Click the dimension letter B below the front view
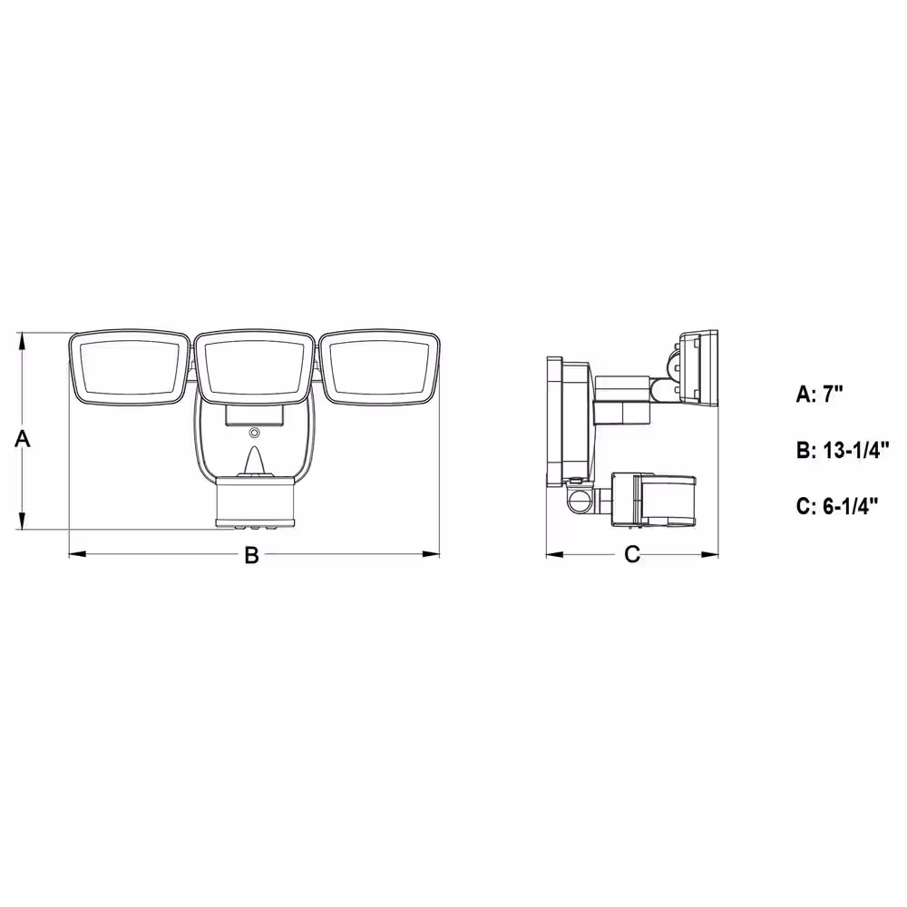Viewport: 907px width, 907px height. (251, 555)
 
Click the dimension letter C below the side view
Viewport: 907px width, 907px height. (632, 554)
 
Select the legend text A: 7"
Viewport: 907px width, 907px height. (820, 395)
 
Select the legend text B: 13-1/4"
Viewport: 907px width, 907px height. (843, 450)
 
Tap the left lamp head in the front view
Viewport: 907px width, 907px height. (129, 367)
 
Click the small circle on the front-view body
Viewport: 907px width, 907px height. (254, 432)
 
